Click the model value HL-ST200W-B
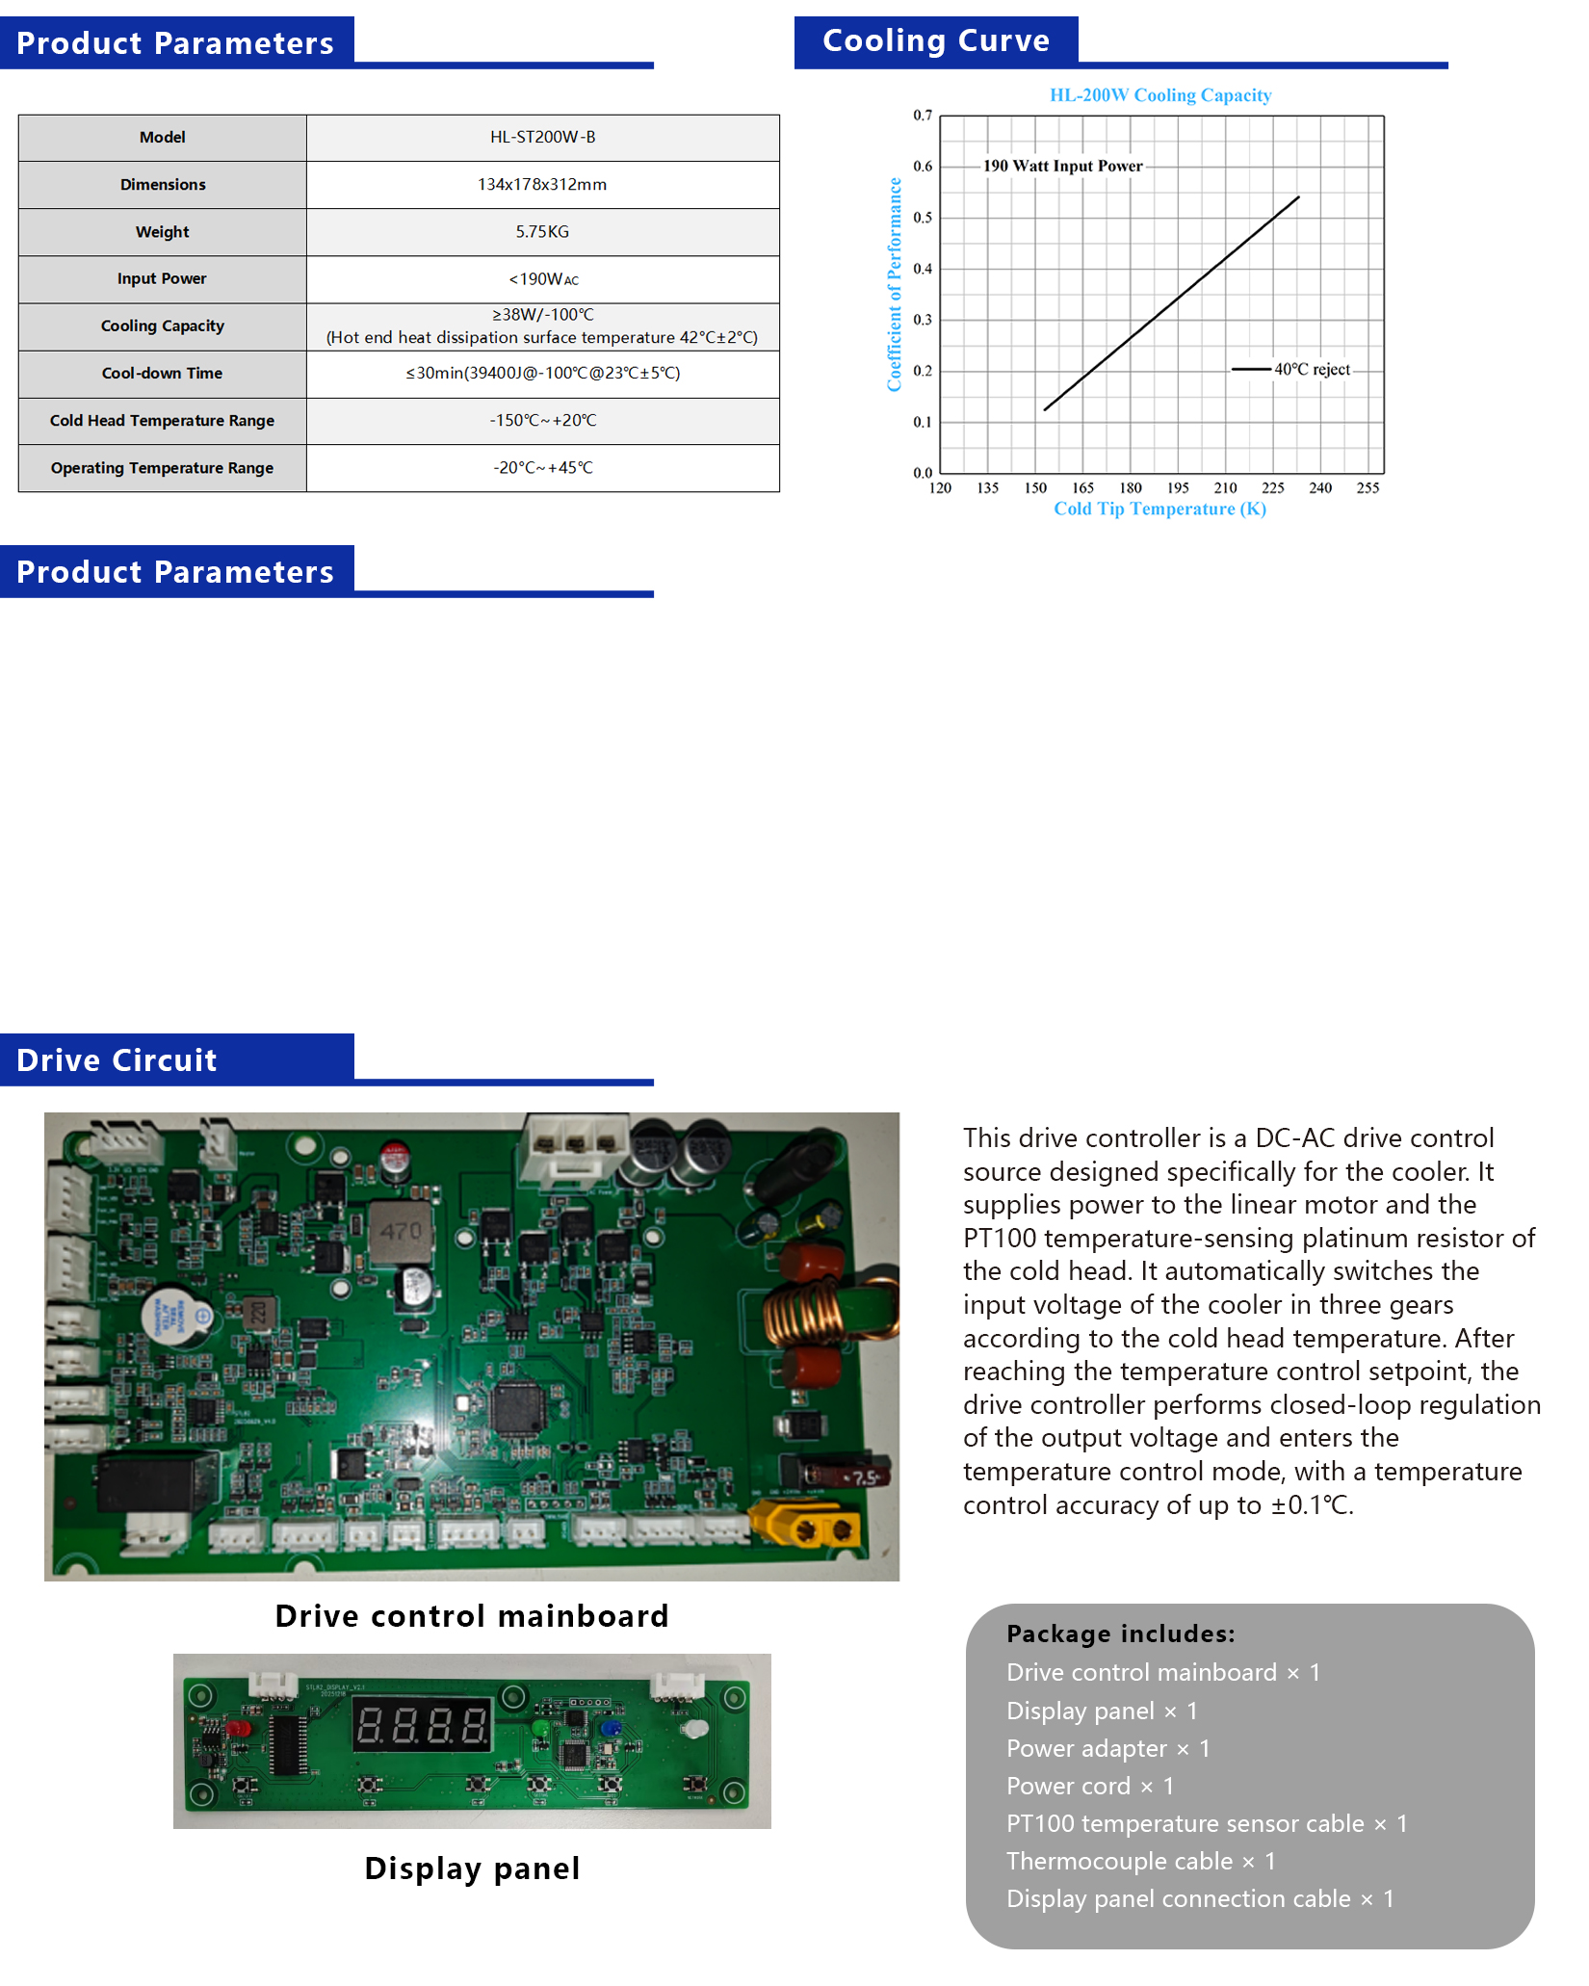542,138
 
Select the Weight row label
162,232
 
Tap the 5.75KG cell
542,232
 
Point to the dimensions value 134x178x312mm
542,185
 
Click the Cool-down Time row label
162,374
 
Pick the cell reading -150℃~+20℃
542,421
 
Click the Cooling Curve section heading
935,41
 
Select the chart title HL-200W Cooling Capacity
1159,95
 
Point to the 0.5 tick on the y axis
923,218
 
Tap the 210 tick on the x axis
1225,488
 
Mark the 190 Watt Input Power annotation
1062,167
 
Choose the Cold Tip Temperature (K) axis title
1159,510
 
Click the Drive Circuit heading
117,1060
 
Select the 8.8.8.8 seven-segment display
422,1724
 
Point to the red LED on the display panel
238,1728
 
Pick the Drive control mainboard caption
471,1616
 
